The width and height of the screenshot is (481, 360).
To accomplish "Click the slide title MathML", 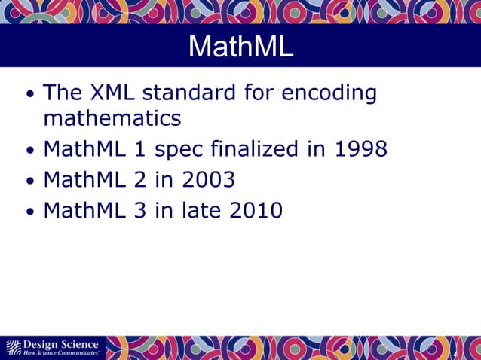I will coord(240,47).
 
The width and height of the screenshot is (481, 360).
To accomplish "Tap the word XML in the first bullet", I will coord(111,93).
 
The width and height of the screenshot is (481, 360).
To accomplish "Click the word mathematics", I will coord(112,118).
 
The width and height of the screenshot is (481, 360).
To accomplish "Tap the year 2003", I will coord(206,180).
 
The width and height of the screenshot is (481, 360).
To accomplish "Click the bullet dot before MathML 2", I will coord(29,182).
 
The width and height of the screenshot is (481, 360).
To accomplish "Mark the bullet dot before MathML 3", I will coord(29,212).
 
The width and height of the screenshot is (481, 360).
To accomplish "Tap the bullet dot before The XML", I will coord(29,96).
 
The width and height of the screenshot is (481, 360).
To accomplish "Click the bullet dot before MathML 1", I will coord(29,151).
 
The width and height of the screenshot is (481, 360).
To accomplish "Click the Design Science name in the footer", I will coord(60,345).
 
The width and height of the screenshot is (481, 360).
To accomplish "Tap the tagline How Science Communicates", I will coord(61,353).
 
